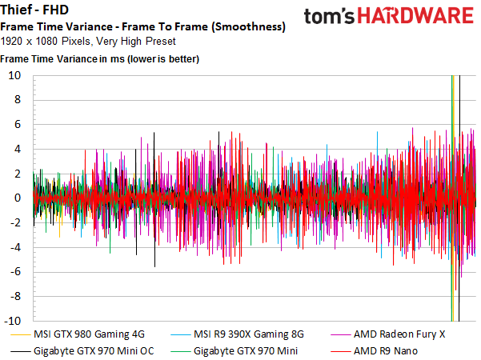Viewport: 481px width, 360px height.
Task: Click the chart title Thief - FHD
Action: [x=34, y=11]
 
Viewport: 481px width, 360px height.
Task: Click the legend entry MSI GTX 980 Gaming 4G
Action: [x=90, y=334]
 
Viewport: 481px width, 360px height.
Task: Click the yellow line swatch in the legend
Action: [x=22, y=334]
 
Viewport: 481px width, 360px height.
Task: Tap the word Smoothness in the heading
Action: [x=246, y=26]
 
